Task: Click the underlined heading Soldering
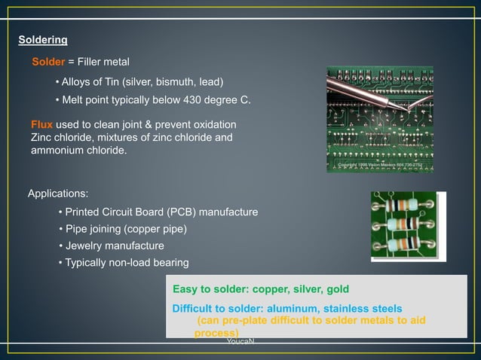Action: [x=42, y=39]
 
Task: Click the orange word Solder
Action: [x=48, y=61]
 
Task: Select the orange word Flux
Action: [x=41, y=124]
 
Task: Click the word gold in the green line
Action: [x=336, y=289]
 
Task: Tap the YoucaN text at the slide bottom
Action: [x=240, y=342]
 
